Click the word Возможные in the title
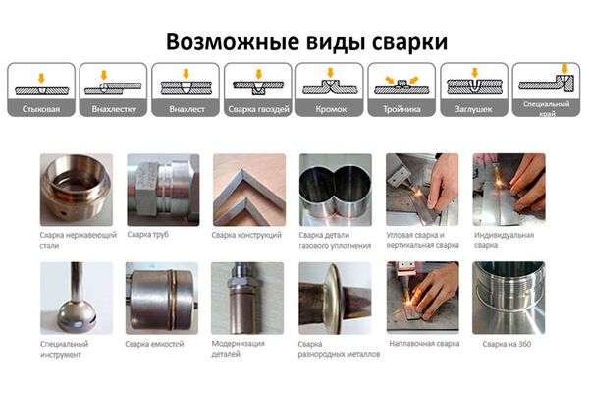[233, 41]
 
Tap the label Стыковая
[41, 109]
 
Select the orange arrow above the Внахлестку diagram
[104, 75]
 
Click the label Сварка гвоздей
[258, 109]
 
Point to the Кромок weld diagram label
[331, 109]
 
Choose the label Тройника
[402, 109]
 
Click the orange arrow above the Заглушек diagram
[475, 73]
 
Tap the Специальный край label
[547, 108]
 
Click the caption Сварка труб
[147, 234]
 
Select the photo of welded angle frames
[249, 190]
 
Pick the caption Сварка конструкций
[246, 235]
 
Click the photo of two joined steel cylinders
[336, 190]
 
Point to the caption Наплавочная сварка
[424, 343]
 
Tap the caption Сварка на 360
[507, 344]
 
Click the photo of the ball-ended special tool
[77, 299]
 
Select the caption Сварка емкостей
[154, 344]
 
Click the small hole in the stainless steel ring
[64, 213]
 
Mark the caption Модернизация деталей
[239, 348]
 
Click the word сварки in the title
[409, 42]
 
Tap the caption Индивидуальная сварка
[504, 240]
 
